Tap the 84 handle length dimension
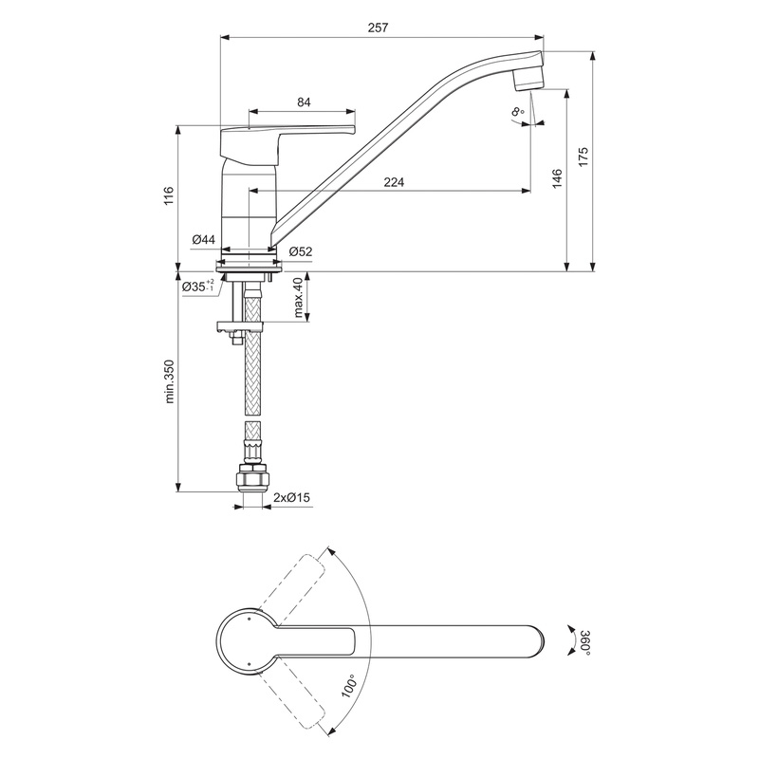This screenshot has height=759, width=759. click(x=305, y=102)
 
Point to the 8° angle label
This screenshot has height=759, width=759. click(x=518, y=113)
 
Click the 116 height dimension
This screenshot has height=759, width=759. click(x=168, y=196)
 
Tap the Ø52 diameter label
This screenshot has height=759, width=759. click(x=301, y=251)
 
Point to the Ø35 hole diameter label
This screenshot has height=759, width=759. click(x=195, y=286)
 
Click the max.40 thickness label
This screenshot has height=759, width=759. click(x=299, y=297)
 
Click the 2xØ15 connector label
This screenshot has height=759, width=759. click(x=291, y=497)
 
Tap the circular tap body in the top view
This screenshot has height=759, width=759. click(x=249, y=639)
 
